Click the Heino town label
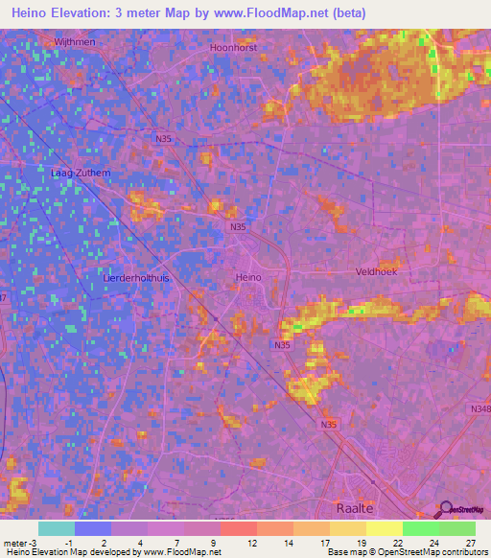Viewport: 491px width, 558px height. pos(247,277)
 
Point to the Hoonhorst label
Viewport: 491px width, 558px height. pos(234,46)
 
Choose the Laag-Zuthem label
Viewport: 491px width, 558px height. pos(74,173)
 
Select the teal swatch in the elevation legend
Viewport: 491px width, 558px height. pos(57,528)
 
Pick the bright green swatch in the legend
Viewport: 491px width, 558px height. pos(421,528)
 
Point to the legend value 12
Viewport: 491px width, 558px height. pos(250,543)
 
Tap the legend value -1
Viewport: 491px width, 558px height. pos(68,543)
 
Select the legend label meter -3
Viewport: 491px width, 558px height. pos(20,543)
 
